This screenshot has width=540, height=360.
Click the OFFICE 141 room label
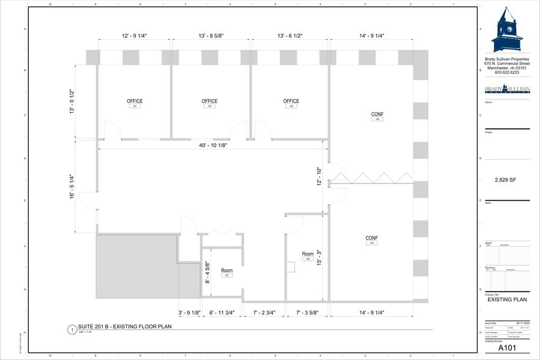pos(135,103)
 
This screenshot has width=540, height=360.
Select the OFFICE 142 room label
pos(209,103)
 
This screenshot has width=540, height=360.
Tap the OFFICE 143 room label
pos(291,103)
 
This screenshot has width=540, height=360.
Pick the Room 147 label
pos(227,272)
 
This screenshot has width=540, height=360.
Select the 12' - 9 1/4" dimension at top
pos(133,36)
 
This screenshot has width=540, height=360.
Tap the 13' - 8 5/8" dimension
pos(211,36)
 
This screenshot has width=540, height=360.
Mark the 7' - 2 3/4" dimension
pos(264,313)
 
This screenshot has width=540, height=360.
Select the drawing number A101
pos(508,348)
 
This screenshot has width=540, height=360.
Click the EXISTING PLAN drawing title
pos(506,300)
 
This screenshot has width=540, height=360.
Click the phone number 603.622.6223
pos(506,72)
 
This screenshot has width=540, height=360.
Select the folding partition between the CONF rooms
pos(372,178)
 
